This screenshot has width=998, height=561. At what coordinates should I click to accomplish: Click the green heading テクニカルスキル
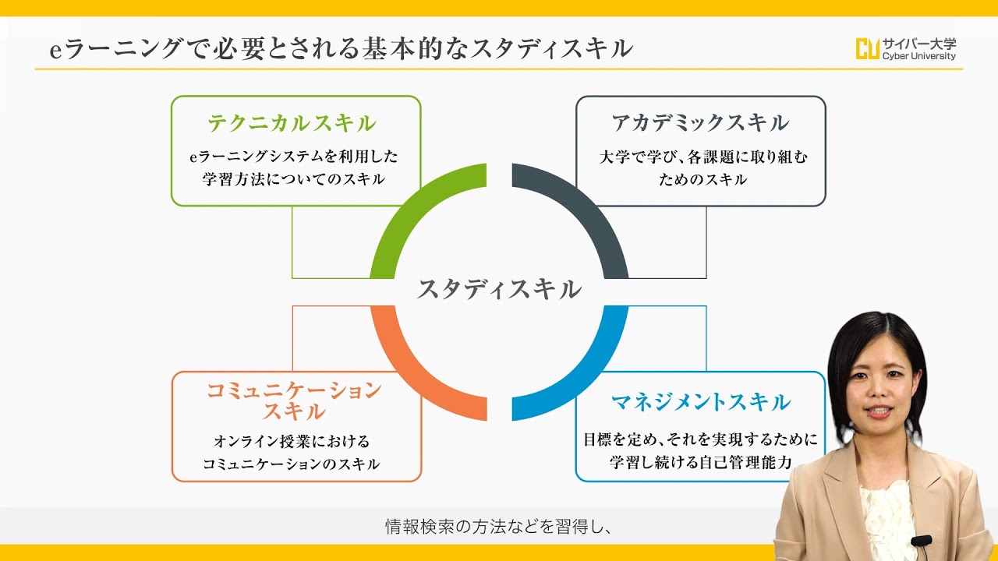292,123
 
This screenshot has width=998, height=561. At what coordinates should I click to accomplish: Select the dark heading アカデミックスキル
700,123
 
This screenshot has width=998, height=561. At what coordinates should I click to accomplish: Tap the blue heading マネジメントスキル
700,402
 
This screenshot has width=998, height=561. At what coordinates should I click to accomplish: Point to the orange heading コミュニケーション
294,390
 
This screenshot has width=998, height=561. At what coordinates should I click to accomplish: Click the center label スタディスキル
499,289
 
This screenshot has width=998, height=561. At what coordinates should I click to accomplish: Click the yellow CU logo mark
868,49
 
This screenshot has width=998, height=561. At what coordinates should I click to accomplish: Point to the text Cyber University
919,56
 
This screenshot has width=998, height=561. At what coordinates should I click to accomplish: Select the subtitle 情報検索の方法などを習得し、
497,527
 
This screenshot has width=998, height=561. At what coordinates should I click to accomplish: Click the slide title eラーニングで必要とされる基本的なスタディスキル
341,48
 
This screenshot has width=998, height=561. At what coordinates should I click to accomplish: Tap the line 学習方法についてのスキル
294,179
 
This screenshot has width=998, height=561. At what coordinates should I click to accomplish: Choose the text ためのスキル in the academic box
702,179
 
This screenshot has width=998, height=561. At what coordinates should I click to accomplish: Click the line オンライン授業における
292,441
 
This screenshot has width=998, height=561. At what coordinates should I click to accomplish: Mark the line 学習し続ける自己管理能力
700,463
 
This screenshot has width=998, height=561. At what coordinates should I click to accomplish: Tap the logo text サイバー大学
919,44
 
